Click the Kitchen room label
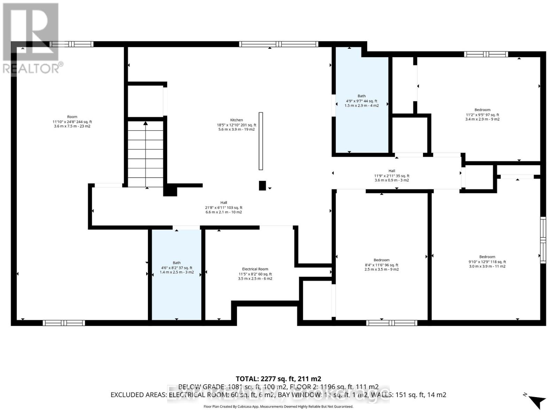236,120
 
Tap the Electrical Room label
255,269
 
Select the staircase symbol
146,153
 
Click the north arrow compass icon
536,401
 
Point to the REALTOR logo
31,38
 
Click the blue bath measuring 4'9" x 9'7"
361,101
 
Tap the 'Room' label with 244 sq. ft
72,117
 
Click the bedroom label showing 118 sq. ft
487,257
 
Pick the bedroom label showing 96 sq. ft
382,260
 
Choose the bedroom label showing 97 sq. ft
482,110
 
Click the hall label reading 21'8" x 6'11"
223,203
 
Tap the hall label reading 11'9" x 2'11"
392,171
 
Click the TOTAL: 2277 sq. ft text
278,379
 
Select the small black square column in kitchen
262,186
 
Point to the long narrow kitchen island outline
261,141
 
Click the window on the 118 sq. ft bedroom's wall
543,240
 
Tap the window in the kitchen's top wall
278,44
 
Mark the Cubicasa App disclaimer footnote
278,407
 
